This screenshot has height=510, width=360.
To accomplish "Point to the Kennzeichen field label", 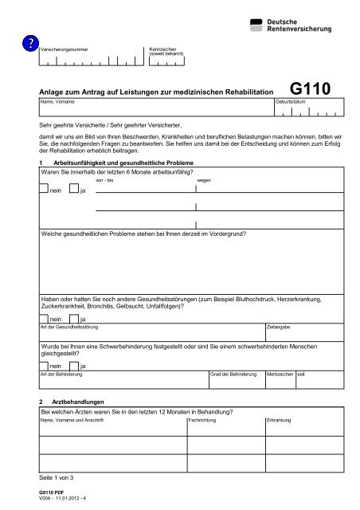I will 165,50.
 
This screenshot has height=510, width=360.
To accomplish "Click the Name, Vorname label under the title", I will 57,103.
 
